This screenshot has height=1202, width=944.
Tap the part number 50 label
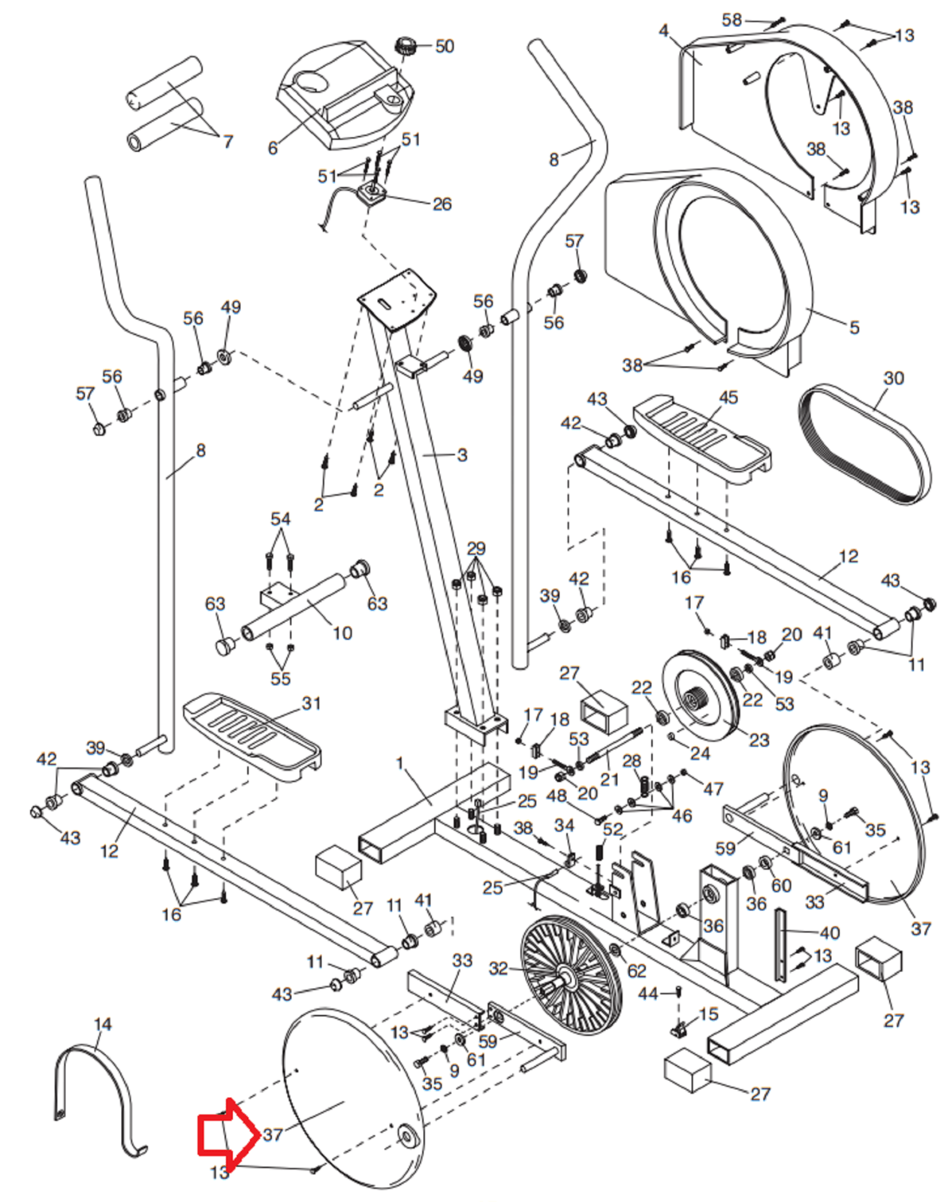pyautogui.click(x=445, y=47)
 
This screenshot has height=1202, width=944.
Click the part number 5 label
pyautogui.click(x=854, y=328)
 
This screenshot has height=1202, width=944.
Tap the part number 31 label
pyautogui.click(x=311, y=703)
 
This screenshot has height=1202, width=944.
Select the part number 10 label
pyautogui.click(x=342, y=633)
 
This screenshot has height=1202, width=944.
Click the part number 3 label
pyautogui.click(x=462, y=455)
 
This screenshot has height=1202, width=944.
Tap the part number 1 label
pyautogui.click(x=400, y=763)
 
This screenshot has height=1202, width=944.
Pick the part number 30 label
pyautogui.click(x=894, y=378)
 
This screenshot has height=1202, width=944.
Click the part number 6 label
pyautogui.click(x=273, y=148)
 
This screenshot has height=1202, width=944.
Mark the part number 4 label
pyautogui.click(x=664, y=31)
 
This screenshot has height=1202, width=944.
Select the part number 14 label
pyautogui.click(x=103, y=1024)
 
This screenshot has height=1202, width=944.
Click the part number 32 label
pyautogui.click(x=498, y=968)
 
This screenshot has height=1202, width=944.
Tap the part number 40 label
pyautogui.click(x=829, y=933)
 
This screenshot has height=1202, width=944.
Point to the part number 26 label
pyautogui.click(x=442, y=204)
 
